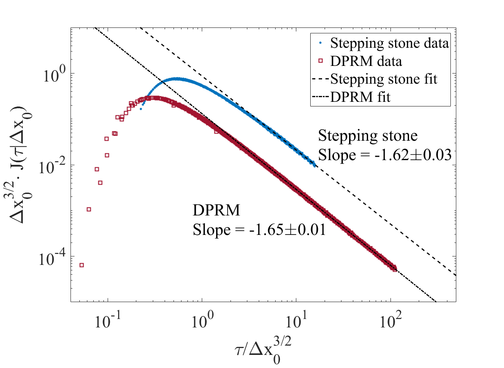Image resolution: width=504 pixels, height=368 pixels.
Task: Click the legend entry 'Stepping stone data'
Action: (x=389, y=43)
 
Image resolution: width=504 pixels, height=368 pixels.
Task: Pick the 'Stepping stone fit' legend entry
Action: (x=389, y=79)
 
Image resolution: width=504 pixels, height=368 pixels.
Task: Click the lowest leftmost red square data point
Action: (x=82, y=265)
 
